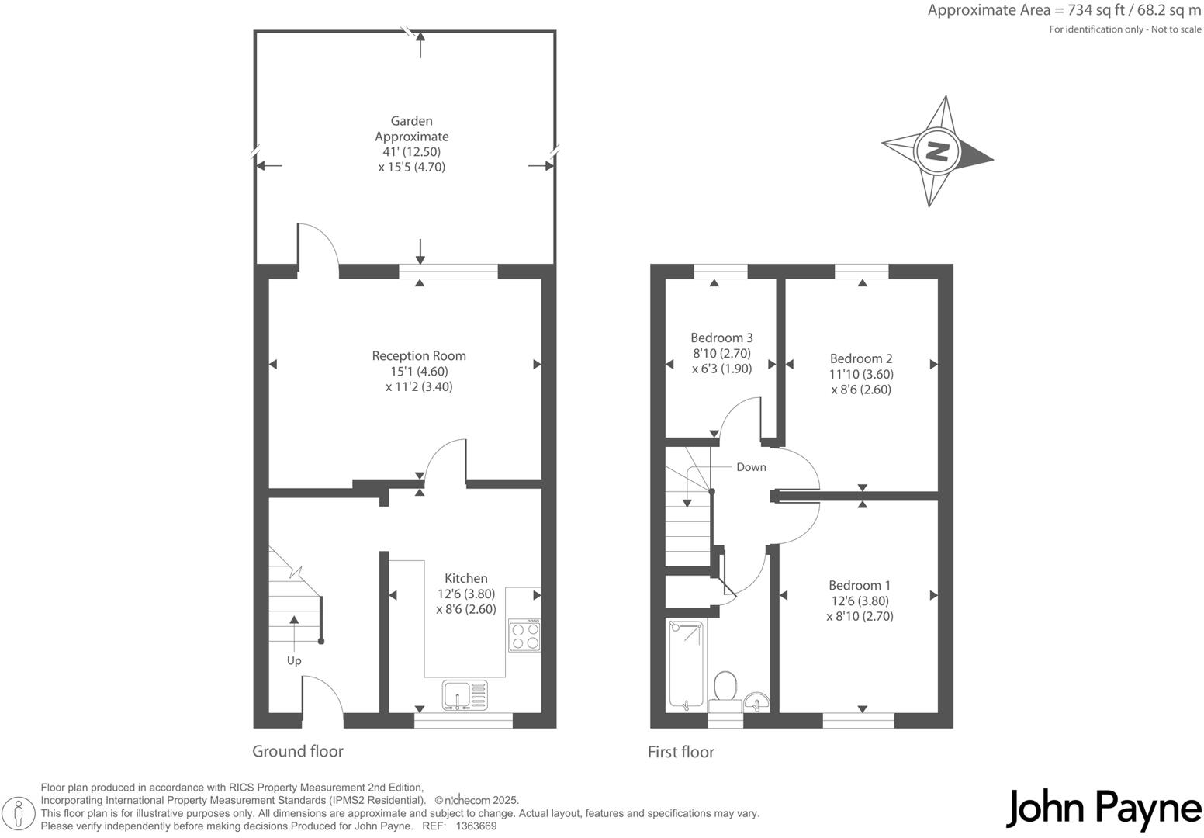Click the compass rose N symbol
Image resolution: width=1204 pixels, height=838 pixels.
pyautogui.click(x=938, y=151)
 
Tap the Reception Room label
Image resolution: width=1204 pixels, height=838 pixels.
pyautogui.click(x=419, y=356)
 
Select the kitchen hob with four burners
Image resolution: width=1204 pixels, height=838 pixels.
pyautogui.click(x=524, y=635)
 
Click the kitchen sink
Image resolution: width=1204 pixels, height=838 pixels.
pyautogui.click(x=465, y=695)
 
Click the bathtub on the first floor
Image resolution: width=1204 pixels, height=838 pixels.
pyautogui.click(x=686, y=664)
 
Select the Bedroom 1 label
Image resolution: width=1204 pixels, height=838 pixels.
pyautogui.click(x=860, y=586)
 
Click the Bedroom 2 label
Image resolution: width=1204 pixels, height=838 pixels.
pyautogui.click(x=861, y=358)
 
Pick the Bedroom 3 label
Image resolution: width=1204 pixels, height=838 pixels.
pyautogui.click(x=721, y=338)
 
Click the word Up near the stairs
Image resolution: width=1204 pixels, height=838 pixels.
pyautogui.click(x=294, y=661)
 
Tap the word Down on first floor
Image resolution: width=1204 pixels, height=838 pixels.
pyautogui.click(x=751, y=467)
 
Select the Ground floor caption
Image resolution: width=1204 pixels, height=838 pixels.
pyautogui.click(x=298, y=751)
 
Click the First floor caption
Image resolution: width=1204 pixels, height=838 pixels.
pyautogui.click(x=681, y=752)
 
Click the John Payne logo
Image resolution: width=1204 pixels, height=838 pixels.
pyautogui.click(x=1104, y=809)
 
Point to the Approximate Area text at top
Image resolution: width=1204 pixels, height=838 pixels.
pyautogui.click(x=1064, y=11)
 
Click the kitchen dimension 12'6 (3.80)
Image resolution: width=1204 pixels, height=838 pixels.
pyautogui.click(x=466, y=594)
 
